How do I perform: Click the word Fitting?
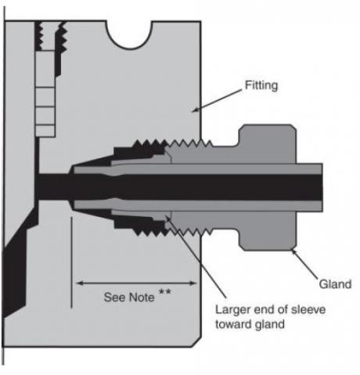(x=261, y=85)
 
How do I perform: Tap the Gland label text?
(x=335, y=284)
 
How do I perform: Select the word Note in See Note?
(x=142, y=297)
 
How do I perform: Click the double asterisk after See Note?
(x=165, y=291)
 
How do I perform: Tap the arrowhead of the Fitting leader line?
(x=195, y=110)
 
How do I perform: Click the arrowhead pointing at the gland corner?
(x=294, y=252)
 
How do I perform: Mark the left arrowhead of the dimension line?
(x=79, y=283)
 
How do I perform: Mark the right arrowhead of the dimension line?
(x=193, y=283)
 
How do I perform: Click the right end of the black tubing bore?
(x=322, y=188)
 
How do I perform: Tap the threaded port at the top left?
(x=50, y=36)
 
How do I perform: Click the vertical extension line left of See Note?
(x=71, y=262)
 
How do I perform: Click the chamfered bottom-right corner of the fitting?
(x=196, y=342)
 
